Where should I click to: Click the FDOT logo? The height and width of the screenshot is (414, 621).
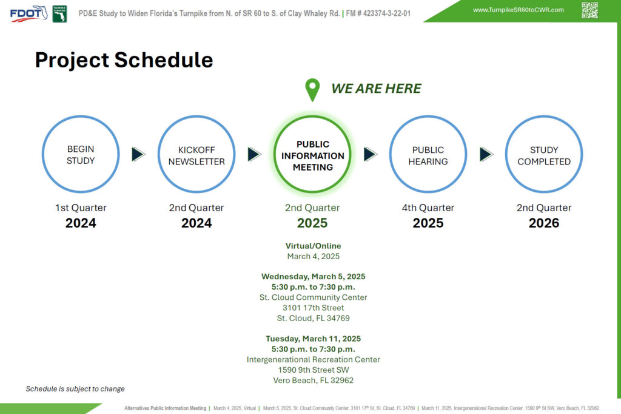29,13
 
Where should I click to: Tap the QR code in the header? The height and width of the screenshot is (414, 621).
589,10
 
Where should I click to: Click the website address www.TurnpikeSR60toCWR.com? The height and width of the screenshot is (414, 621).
518,10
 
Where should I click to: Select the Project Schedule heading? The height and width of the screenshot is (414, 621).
124,60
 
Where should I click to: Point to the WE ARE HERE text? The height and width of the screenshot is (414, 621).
376,89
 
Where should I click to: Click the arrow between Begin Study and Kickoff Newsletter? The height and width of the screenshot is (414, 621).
138,154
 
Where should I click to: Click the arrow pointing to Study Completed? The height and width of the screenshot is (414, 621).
486,154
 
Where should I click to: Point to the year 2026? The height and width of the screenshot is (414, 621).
544,223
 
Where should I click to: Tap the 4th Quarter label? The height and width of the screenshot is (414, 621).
428,208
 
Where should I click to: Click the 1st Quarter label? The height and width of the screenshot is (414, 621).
81,208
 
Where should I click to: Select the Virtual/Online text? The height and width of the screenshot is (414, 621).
313,246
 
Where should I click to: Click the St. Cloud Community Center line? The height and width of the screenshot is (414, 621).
313,297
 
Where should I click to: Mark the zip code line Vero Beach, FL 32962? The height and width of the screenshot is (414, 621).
313,380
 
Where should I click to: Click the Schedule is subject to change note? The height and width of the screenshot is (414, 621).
75,389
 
